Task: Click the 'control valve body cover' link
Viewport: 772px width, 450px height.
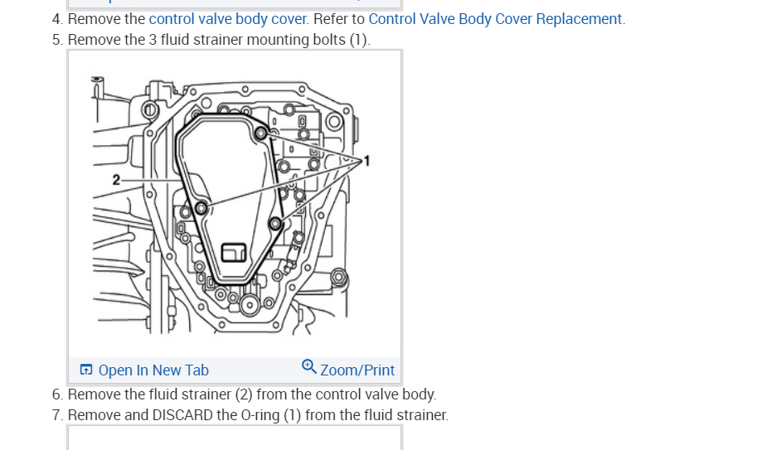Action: (x=228, y=19)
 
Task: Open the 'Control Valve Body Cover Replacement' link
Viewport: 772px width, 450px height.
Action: (x=495, y=19)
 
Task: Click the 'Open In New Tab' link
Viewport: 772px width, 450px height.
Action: (x=153, y=370)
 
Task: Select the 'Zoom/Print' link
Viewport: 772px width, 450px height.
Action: (x=357, y=370)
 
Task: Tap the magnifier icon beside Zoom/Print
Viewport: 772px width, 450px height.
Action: (x=308, y=366)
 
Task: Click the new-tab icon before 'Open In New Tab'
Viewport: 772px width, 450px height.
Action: (x=85, y=370)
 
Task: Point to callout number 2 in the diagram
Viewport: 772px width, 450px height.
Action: (x=117, y=180)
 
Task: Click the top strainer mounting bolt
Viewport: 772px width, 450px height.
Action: (x=261, y=133)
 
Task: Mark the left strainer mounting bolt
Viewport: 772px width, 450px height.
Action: (x=201, y=208)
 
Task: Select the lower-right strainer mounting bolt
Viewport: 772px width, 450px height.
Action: (x=276, y=223)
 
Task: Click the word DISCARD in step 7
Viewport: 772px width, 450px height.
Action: (x=182, y=414)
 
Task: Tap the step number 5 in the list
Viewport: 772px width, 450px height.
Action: (x=56, y=40)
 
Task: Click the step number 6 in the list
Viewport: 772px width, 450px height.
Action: (x=56, y=394)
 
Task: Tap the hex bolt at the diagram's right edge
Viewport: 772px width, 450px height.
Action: (x=337, y=276)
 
